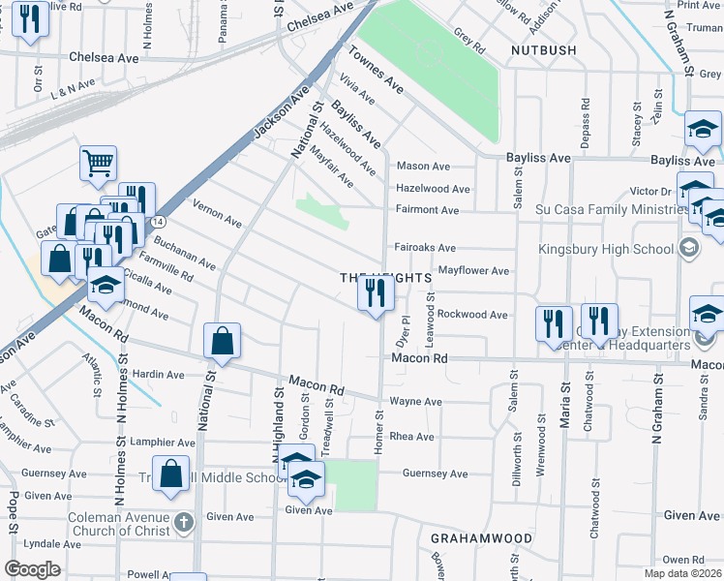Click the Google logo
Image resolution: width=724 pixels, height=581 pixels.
point(32,569)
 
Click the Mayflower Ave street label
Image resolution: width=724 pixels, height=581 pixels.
point(473,271)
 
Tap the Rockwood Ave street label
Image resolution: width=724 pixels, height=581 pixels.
point(472,315)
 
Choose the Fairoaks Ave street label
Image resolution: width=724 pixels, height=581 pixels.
point(425,247)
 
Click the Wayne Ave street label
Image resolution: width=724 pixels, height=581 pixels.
point(415,401)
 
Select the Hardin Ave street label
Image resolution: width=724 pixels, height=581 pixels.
point(158,375)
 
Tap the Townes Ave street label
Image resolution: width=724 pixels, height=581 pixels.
point(376,70)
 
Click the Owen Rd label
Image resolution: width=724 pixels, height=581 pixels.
point(683,560)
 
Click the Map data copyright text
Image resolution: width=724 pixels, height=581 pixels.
point(682,573)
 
